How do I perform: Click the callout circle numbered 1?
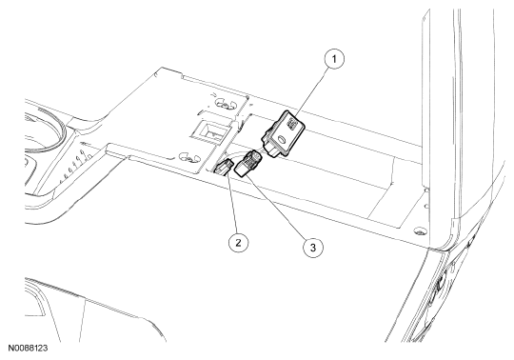[334, 59]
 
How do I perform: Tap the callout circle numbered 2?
[238, 243]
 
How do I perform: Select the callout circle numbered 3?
[313, 248]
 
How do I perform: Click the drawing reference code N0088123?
[28, 349]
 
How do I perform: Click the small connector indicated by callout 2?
[224, 167]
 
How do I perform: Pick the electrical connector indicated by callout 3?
[249, 163]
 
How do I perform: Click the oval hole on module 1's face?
[281, 140]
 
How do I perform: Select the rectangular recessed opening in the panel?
[209, 131]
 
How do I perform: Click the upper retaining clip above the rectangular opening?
[225, 105]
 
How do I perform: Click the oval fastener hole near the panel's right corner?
[418, 231]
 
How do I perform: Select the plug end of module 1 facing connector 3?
[269, 150]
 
